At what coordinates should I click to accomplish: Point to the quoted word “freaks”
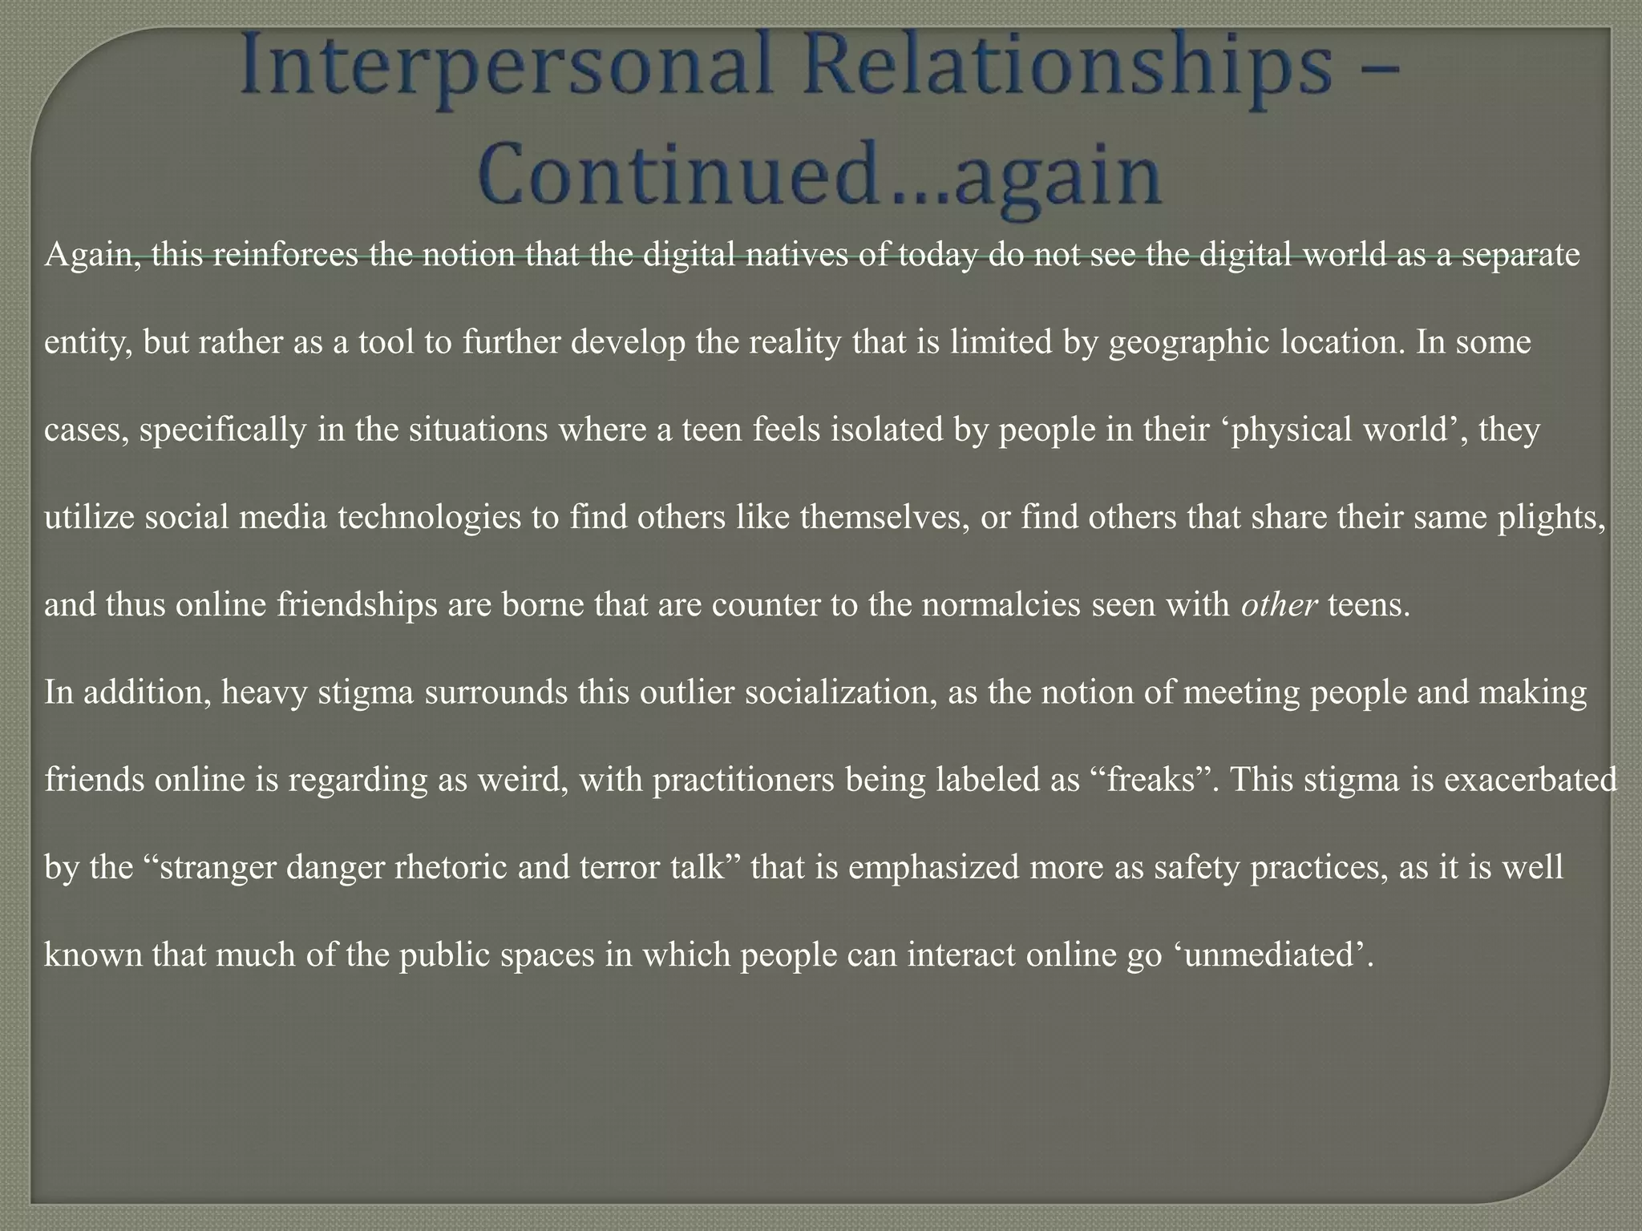pos(1151,780)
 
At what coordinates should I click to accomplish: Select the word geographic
pos(1189,343)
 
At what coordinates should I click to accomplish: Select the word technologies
pos(429,518)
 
